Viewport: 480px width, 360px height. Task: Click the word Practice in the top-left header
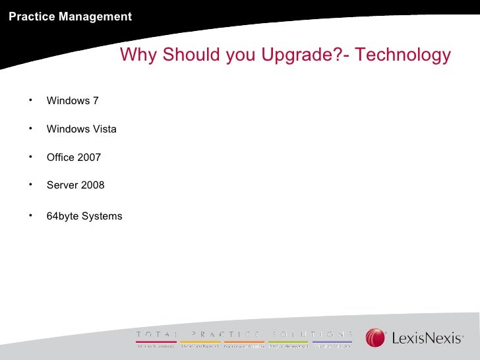[x=32, y=16]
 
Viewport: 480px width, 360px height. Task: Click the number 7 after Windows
[x=96, y=101]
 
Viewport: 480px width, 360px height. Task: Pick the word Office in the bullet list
[x=61, y=158]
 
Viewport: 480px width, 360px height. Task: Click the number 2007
[x=90, y=158]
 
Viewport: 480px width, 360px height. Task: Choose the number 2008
[x=92, y=185]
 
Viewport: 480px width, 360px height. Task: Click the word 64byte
[x=63, y=216]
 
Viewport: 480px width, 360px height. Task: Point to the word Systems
[x=102, y=216]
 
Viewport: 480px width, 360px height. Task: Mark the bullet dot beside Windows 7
[x=30, y=100]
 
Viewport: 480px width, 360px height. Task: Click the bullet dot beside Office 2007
[x=30, y=156]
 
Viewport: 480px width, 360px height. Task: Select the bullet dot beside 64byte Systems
[x=30, y=214]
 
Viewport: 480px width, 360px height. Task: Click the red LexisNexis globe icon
[x=376, y=338]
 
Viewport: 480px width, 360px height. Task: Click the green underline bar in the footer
[x=288, y=342]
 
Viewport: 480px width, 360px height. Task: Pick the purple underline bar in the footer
[x=332, y=342]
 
